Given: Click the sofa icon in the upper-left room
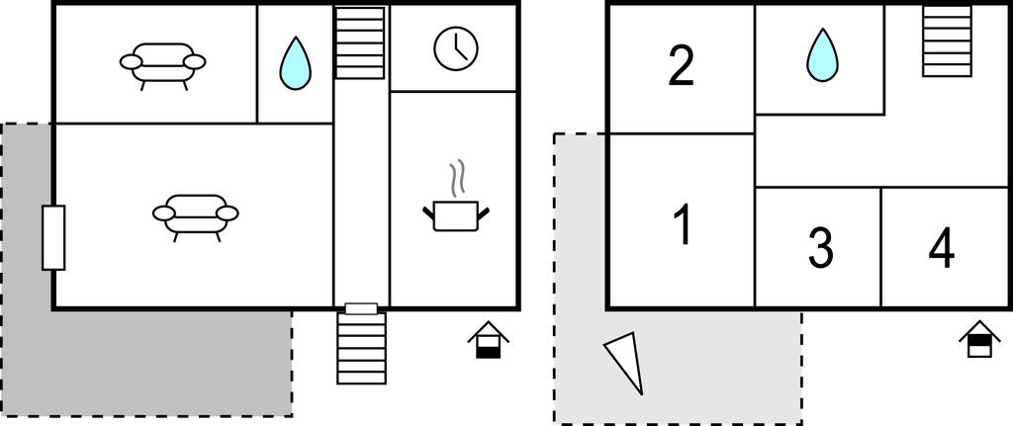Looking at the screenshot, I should (x=162, y=62).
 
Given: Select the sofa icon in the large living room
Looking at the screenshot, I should (x=195, y=213).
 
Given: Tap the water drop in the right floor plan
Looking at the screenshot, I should (x=821, y=54).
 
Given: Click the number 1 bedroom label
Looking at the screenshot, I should (x=682, y=225).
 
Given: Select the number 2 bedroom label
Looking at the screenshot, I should (x=681, y=67).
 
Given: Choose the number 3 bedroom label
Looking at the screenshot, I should (x=820, y=248).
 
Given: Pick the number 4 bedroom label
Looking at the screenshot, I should (x=942, y=248).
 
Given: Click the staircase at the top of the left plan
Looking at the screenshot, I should (x=359, y=43).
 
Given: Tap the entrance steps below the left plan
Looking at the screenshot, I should (x=361, y=348).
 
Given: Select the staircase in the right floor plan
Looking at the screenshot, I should (x=947, y=42).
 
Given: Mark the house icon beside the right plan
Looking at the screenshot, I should (x=979, y=339).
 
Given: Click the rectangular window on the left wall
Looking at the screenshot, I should (x=53, y=237).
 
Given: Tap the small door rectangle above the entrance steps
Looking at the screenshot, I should (x=361, y=308).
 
